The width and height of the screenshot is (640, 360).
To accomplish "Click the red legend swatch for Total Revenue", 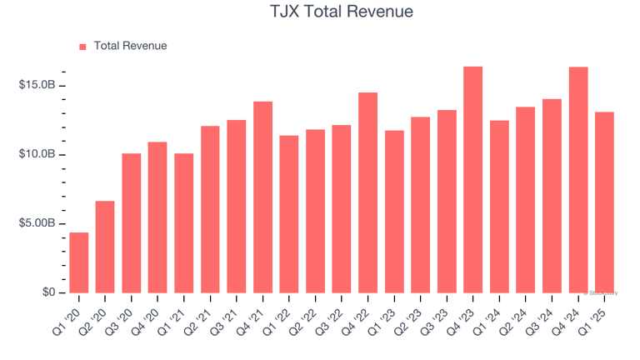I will [x=82, y=47].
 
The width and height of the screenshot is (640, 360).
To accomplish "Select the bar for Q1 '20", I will [x=79, y=262].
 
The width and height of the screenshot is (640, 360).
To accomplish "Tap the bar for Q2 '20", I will [x=105, y=247].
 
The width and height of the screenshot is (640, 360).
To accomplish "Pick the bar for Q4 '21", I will [x=263, y=197].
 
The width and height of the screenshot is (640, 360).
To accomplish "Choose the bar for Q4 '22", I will [x=368, y=192].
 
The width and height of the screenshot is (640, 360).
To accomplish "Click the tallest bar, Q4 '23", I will [x=473, y=179].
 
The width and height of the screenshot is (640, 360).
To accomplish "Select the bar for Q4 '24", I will [x=578, y=180].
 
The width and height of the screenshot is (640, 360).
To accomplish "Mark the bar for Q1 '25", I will [x=604, y=202].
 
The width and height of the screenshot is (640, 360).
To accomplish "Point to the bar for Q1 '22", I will [x=289, y=214].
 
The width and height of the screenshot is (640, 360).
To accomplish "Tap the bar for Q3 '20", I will [x=132, y=223].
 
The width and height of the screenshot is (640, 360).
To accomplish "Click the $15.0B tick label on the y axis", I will [x=37, y=86].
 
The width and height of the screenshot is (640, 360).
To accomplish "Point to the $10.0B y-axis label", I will [x=37, y=155].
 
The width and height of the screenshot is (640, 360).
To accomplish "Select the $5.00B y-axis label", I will [x=37, y=223].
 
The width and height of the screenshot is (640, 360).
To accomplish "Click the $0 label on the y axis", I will [x=48, y=292].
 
